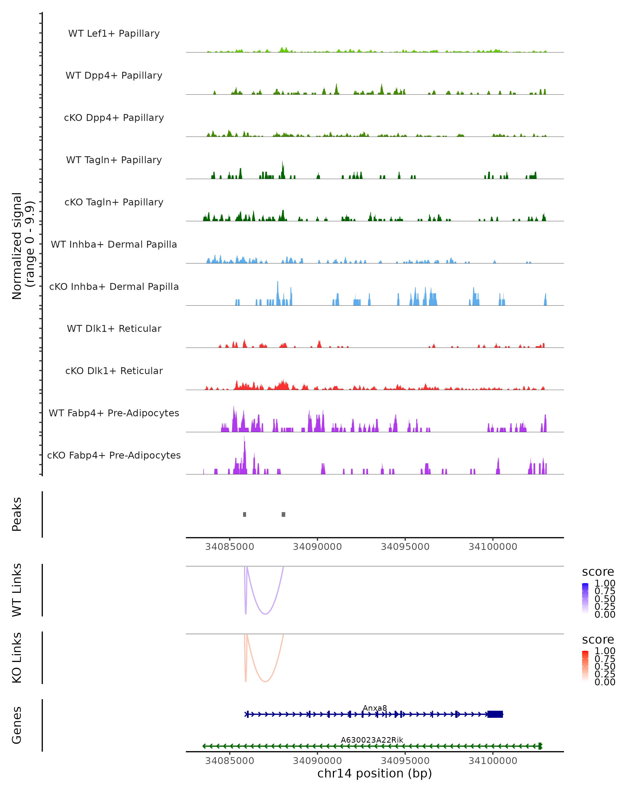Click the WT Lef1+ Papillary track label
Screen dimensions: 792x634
(114, 34)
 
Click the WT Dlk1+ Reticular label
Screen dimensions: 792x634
(114, 328)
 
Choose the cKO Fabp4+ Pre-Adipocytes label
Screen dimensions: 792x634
(114, 455)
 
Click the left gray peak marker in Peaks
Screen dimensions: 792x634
(244, 514)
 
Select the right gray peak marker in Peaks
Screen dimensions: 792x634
(283, 514)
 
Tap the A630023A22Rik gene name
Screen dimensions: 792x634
(372, 740)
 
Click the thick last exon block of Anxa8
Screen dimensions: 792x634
(495, 714)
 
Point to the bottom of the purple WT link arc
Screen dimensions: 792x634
(265, 614)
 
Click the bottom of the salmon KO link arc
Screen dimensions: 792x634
(265, 681)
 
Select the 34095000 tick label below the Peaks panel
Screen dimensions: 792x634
(405, 547)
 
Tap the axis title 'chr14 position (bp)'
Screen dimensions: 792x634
(375, 774)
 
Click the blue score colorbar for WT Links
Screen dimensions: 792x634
(585, 598)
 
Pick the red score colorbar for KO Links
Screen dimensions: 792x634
(585, 666)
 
